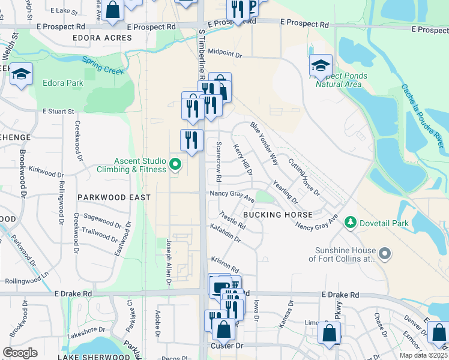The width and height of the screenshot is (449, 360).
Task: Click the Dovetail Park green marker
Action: click(350, 223)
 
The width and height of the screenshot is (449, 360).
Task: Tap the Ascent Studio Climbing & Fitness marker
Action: click(175, 163)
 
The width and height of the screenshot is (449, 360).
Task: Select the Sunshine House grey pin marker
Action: click(385, 254)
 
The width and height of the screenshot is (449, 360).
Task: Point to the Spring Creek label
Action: click(103, 65)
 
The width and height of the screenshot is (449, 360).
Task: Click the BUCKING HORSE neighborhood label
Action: click(277, 214)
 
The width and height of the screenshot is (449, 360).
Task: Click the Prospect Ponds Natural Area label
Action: click(339, 80)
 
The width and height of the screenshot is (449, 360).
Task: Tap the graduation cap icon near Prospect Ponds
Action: click(321, 65)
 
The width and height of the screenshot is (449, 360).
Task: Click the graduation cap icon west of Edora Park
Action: click(21, 74)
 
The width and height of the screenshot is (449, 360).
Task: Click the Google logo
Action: click(20, 352)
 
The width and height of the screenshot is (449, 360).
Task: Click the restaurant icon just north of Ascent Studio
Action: click(191, 140)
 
